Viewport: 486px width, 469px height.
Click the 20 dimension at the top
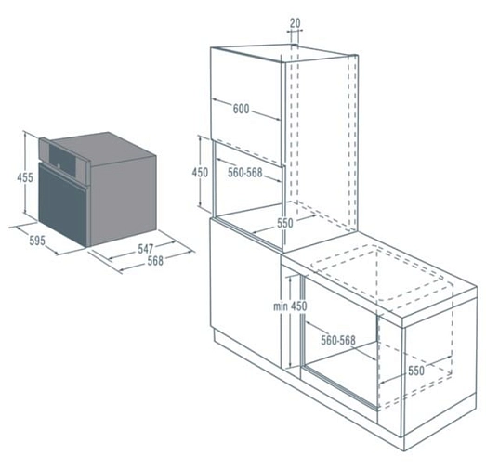[x=296, y=23]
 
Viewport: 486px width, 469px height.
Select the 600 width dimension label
[x=241, y=109]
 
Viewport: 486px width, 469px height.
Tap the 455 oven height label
[x=25, y=177]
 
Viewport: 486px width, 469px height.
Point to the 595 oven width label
[x=37, y=241]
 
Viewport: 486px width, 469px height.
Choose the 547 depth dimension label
[x=146, y=249]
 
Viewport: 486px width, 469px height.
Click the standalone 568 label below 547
[x=155, y=261]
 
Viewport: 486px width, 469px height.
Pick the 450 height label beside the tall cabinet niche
[x=200, y=172]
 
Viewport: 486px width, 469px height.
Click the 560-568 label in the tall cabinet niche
[x=245, y=173]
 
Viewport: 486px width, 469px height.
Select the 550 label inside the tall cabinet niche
[x=285, y=223]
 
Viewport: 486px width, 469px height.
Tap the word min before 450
[x=281, y=306]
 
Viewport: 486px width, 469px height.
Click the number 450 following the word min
[x=299, y=306]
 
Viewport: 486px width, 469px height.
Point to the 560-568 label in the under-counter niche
[x=338, y=341]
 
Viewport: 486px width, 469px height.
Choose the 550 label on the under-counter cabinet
[x=416, y=371]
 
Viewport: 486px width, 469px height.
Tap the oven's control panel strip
[x=64, y=160]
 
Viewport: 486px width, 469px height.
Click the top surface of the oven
[x=105, y=147]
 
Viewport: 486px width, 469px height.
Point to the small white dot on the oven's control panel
[x=58, y=165]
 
